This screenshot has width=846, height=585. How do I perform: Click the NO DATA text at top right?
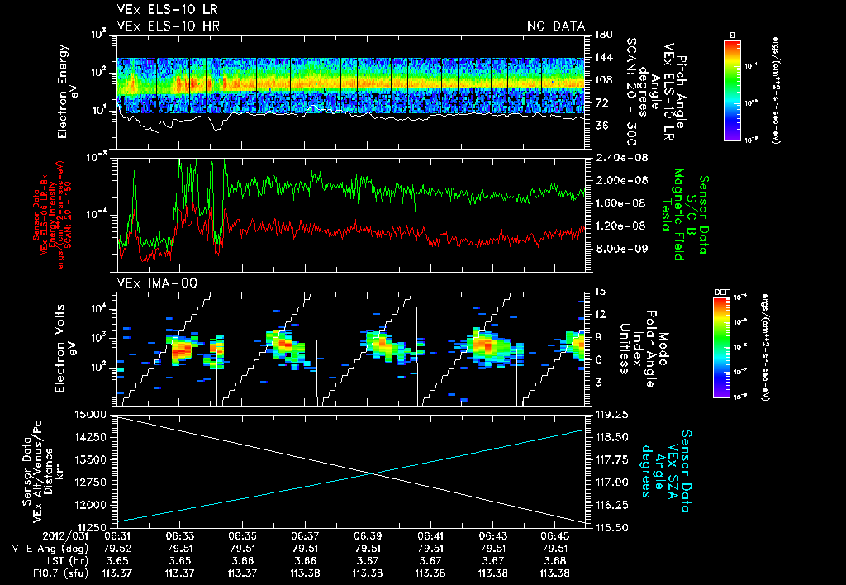[556, 26]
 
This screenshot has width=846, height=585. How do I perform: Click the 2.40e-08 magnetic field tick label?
[616, 158]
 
